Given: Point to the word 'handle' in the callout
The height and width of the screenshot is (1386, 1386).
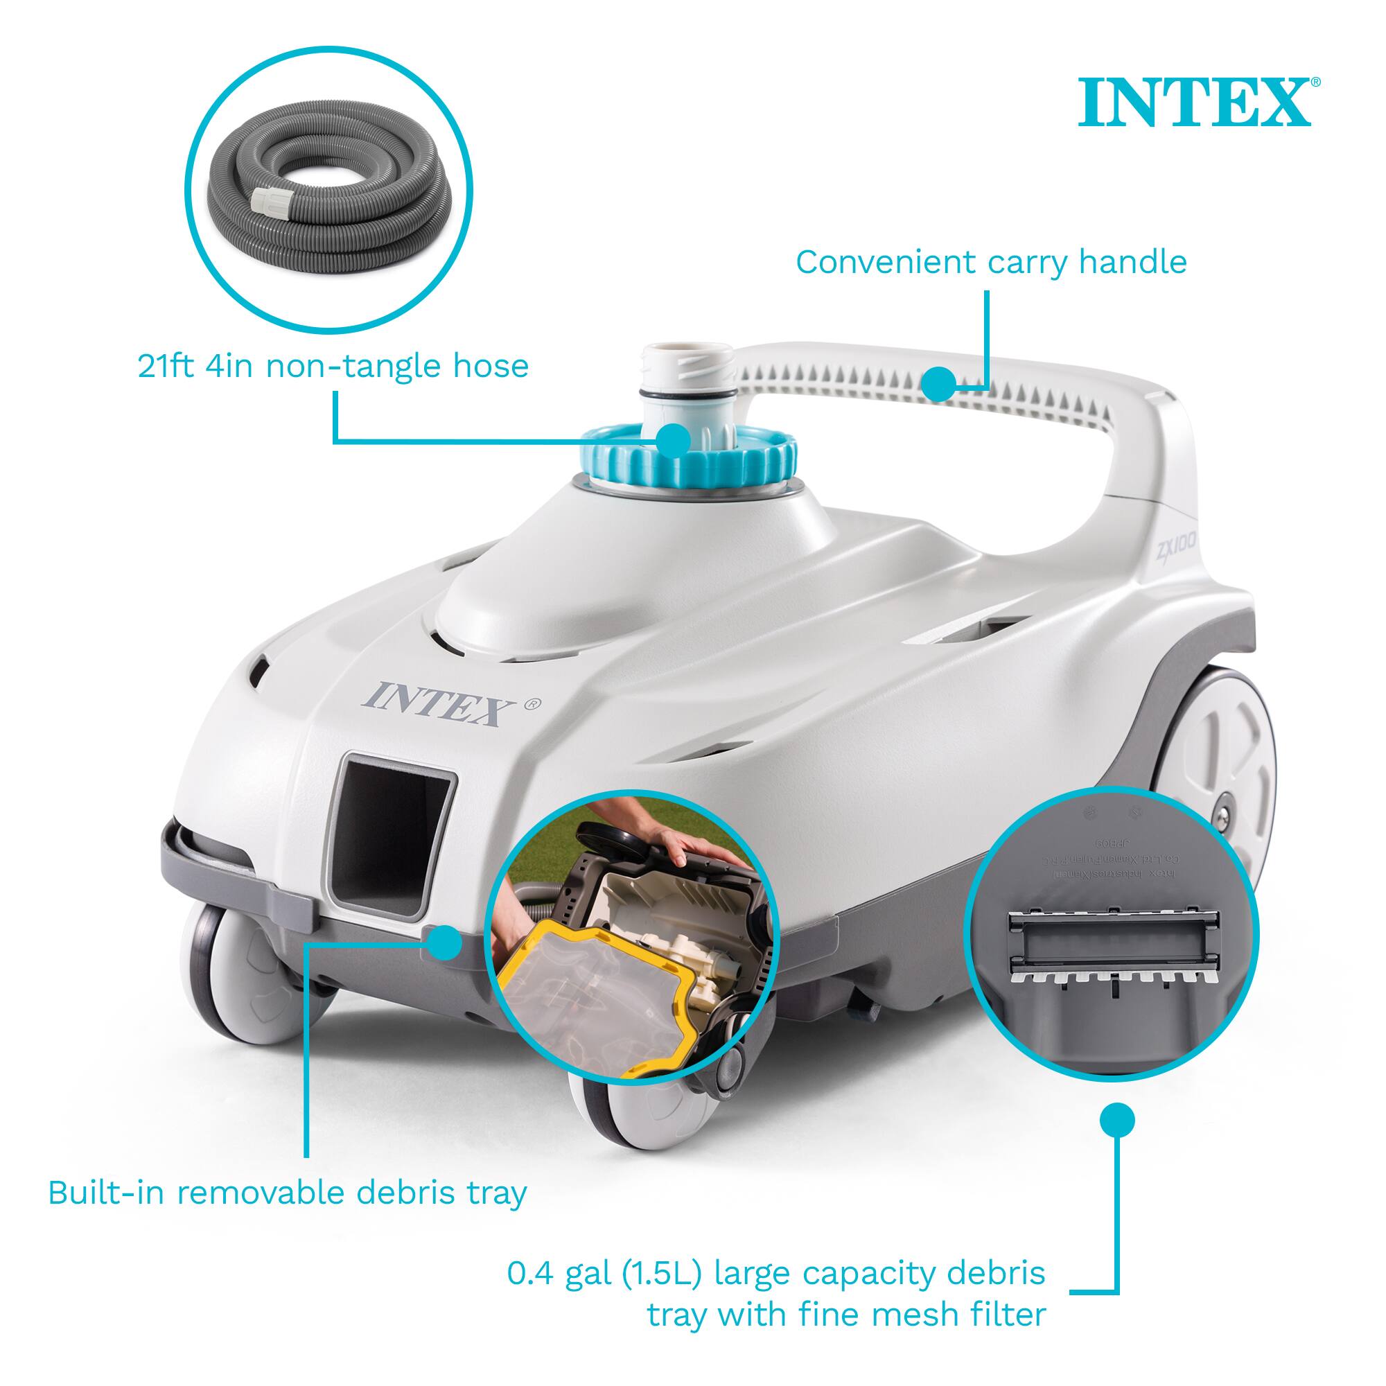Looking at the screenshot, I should pyautogui.click(x=1133, y=263).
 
